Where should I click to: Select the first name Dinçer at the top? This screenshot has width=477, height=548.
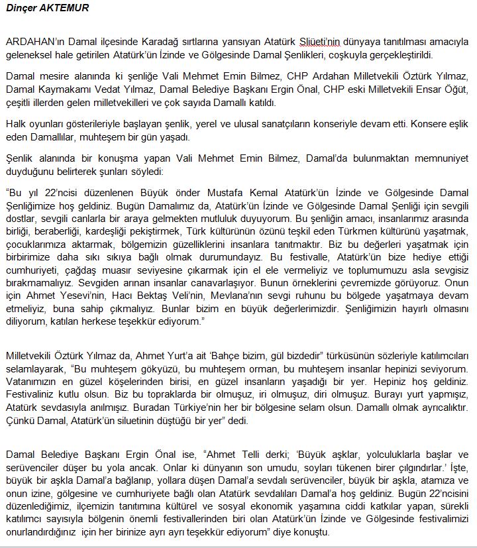(22, 9)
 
